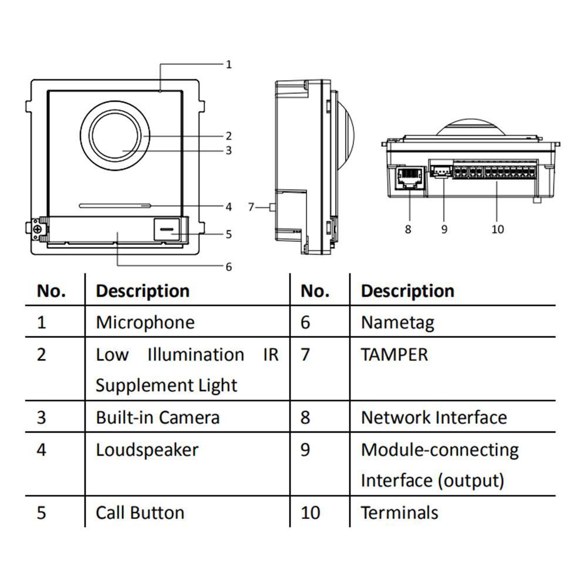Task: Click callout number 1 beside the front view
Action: click(x=229, y=64)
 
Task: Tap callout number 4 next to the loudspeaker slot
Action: click(x=228, y=207)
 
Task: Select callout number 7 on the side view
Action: click(x=251, y=207)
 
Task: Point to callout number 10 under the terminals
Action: click(x=498, y=229)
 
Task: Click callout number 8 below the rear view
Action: click(x=408, y=229)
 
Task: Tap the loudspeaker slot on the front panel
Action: click(x=115, y=206)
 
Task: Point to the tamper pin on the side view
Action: click(x=271, y=207)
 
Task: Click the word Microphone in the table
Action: click(x=145, y=322)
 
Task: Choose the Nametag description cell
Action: click(x=397, y=322)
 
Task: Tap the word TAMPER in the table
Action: click(x=394, y=355)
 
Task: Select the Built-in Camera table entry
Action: click(x=157, y=417)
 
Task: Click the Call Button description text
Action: click(x=140, y=512)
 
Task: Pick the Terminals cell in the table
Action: click(x=399, y=512)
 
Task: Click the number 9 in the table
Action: click(x=305, y=450)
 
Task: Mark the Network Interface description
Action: click(x=434, y=417)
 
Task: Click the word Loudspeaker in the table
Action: click(x=147, y=450)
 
